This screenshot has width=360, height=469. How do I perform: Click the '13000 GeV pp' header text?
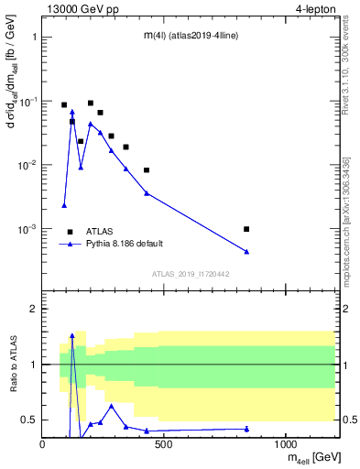(x=80, y=9)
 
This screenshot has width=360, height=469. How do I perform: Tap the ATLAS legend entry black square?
(x=70, y=232)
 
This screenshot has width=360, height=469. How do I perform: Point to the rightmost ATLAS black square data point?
(x=246, y=229)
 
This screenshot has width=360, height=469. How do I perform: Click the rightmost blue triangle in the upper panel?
(x=246, y=251)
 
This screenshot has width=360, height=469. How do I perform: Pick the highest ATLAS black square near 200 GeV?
(x=91, y=104)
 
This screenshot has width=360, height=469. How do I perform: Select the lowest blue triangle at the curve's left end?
(x=64, y=206)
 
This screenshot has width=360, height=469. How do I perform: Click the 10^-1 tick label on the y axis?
(x=29, y=102)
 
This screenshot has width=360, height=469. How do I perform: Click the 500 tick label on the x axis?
(x=164, y=444)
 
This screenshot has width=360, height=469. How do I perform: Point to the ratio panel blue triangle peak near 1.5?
(x=72, y=336)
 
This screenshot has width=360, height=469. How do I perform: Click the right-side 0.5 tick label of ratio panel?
(x=348, y=420)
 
